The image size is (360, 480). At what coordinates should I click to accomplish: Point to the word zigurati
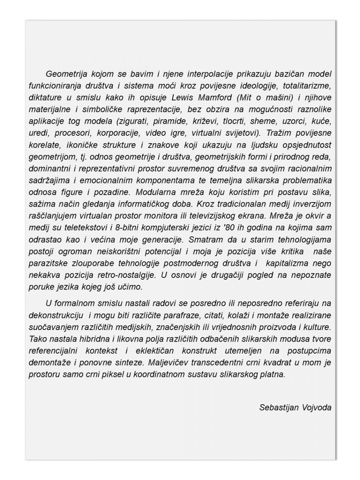[x=133, y=121]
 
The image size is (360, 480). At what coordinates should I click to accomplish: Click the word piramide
[x=171, y=121]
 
